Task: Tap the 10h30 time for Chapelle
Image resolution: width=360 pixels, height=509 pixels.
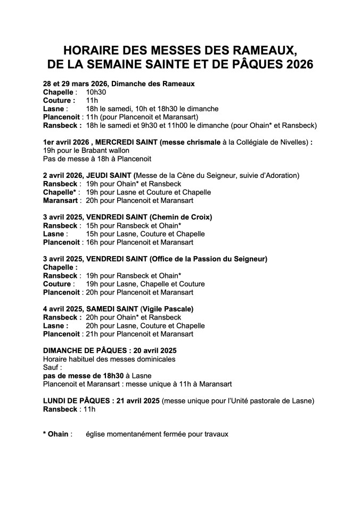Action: pos(96,92)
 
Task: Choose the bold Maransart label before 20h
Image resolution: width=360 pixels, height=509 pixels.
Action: pos(61,200)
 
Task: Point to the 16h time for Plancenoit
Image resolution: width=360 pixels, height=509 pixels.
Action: pos(91,242)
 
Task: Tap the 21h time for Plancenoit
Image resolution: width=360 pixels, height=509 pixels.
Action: pos(91,334)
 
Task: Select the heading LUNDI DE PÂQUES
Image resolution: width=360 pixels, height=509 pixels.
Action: pos(73,400)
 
